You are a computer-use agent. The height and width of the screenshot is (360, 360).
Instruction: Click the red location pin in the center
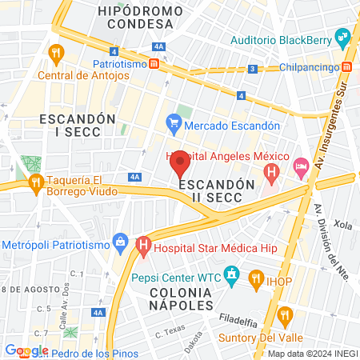[x=180, y=164]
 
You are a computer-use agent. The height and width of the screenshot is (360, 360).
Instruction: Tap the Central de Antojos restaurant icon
[x=55, y=54]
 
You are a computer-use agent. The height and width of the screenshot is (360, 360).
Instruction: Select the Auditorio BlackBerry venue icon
[x=343, y=36]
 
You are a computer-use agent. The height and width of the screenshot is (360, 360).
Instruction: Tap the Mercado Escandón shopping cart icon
[x=172, y=124]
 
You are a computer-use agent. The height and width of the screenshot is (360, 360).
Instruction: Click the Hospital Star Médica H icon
[x=143, y=244]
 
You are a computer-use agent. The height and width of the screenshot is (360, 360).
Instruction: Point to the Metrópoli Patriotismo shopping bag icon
[x=121, y=240]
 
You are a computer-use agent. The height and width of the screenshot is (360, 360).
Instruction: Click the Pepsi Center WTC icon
[x=231, y=277]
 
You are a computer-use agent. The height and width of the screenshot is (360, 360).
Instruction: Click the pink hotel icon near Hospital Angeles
[x=302, y=168]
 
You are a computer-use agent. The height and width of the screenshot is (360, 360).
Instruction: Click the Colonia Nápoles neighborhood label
[x=180, y=298]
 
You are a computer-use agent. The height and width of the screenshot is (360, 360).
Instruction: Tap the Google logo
[x=26, y=350]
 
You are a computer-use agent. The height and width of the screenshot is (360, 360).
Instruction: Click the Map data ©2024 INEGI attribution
[x=311, y=354]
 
